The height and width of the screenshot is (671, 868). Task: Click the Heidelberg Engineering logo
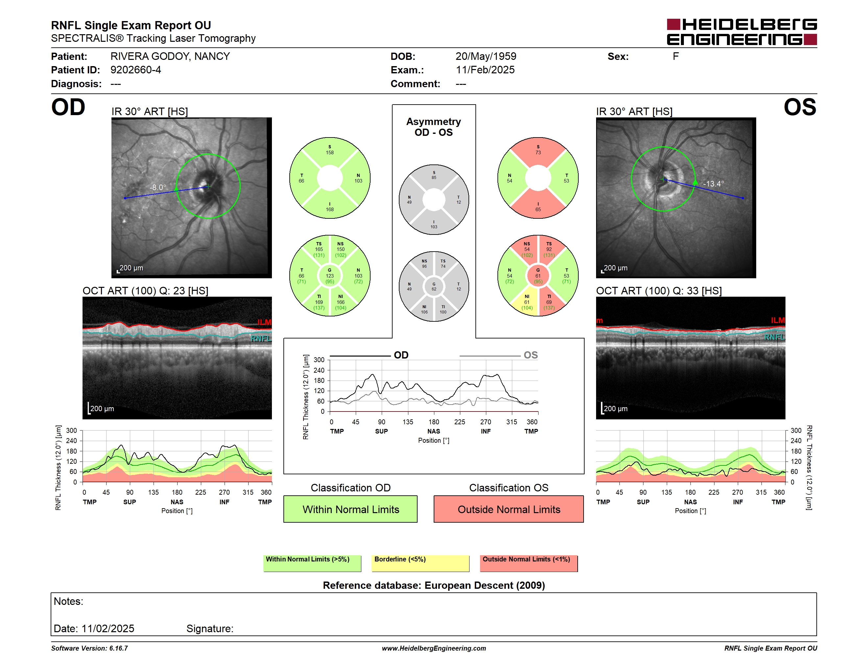[742, 32]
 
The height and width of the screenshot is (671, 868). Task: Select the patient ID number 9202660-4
[135, 70]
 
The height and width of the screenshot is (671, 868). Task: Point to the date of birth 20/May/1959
[486, 57]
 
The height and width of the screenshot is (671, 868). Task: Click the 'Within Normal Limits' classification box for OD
[350, 509]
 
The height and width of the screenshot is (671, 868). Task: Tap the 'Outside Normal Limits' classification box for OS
[509, 509]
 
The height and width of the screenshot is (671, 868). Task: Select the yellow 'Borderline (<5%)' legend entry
[420, 563]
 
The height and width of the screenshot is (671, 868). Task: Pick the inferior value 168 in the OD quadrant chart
[330, 210]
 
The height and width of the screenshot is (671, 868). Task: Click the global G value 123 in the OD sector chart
[330, 276]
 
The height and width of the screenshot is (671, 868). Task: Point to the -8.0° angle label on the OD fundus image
[158, 187]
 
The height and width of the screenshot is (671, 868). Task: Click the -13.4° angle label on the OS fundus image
[713, 184]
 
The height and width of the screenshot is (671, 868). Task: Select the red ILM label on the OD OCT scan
[264, 322]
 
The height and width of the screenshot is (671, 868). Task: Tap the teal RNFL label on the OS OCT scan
[775, 337]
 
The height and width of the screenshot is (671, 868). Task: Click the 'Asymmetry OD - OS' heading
[434, 127]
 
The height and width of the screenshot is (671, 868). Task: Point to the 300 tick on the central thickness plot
[319, 360]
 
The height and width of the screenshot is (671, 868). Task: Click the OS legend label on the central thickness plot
[531, 355]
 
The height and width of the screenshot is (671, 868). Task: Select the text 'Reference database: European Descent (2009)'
[434, 585]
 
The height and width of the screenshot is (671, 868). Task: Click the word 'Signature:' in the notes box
[210, 629]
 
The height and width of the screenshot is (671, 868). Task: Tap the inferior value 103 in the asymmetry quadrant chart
[434, 227]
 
